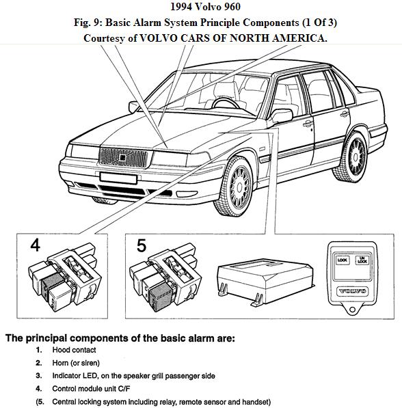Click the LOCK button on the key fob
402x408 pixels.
[341, 260]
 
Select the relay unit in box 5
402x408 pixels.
[167, 276]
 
